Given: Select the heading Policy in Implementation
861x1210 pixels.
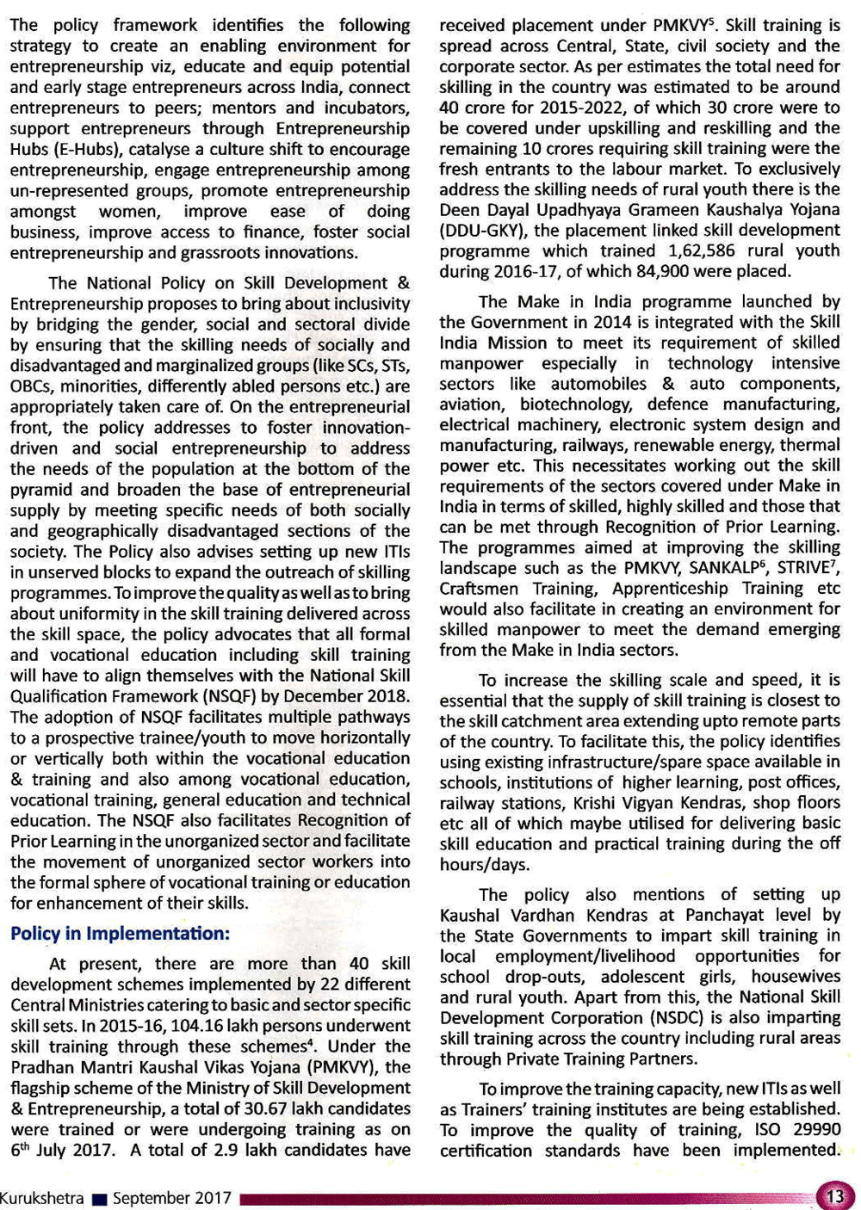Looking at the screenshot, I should click(121, 934).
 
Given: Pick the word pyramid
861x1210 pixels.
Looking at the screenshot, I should click(41, 490).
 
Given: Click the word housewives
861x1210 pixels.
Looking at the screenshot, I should click(796, 976).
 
